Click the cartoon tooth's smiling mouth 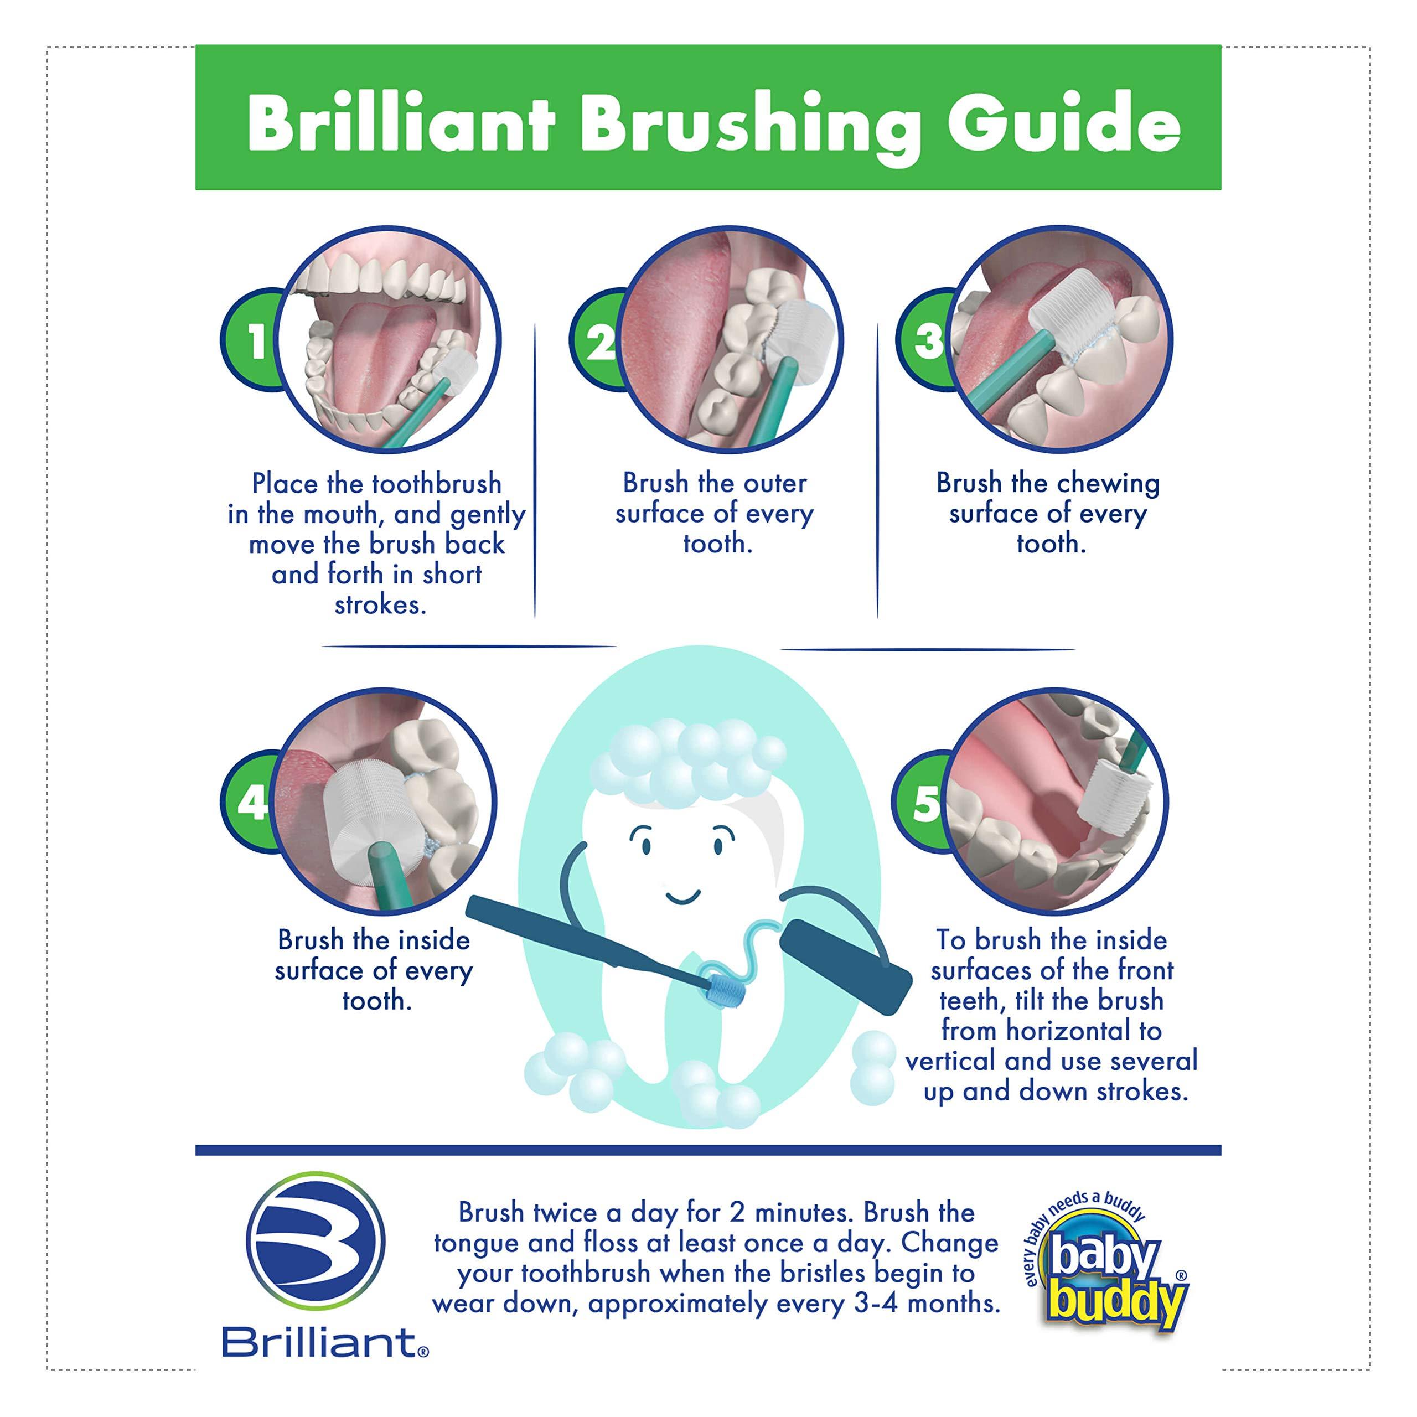point(682,896)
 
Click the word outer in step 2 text point(774,483)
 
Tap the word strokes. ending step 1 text point(380,605)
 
